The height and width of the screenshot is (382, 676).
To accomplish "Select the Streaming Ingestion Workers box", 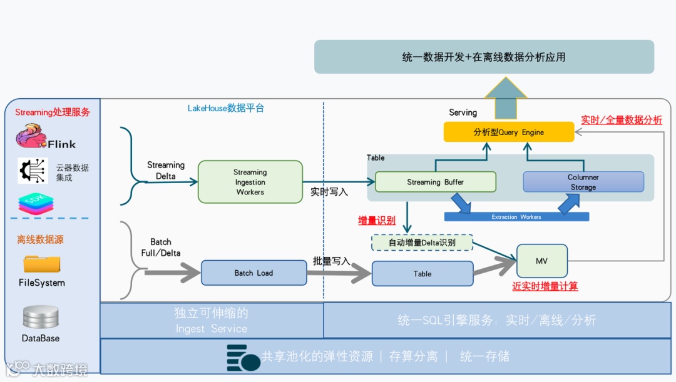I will click(x=250, y=182).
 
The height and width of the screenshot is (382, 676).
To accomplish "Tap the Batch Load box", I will click(x=253, y=273).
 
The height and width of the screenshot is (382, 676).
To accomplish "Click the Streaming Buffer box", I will click(x=436, y=182).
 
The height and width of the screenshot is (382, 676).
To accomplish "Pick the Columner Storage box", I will click(x=583, y=182).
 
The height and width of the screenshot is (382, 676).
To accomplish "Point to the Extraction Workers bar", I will click(x=516, y=217).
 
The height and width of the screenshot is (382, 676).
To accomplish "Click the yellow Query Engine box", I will click(x=508, y=132).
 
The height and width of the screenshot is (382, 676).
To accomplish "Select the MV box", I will click(x=541, y=261).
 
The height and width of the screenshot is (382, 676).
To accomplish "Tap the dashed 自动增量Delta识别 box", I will click(x=422, y=243).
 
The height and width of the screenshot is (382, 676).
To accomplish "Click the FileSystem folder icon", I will click(x=41, y=264).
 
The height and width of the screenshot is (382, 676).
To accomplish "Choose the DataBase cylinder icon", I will click(x=41, y=317).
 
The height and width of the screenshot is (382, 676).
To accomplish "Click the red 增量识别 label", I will click(x=377, y=220).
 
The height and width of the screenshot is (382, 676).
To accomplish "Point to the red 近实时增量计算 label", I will click(x=545, y=286).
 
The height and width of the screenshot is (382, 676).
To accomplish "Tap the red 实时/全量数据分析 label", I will click(x=621, y=120).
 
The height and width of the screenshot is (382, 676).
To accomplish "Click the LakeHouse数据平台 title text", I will click(x=226, y=108).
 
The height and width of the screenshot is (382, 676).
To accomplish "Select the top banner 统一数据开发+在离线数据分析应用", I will click(x=484, y=57).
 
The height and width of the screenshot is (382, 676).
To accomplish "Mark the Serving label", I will click(x=463, y=113).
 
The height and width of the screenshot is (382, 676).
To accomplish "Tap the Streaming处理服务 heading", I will click(x=53, y=113).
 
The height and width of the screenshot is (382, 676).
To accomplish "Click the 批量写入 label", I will click(x=332, y=261).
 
